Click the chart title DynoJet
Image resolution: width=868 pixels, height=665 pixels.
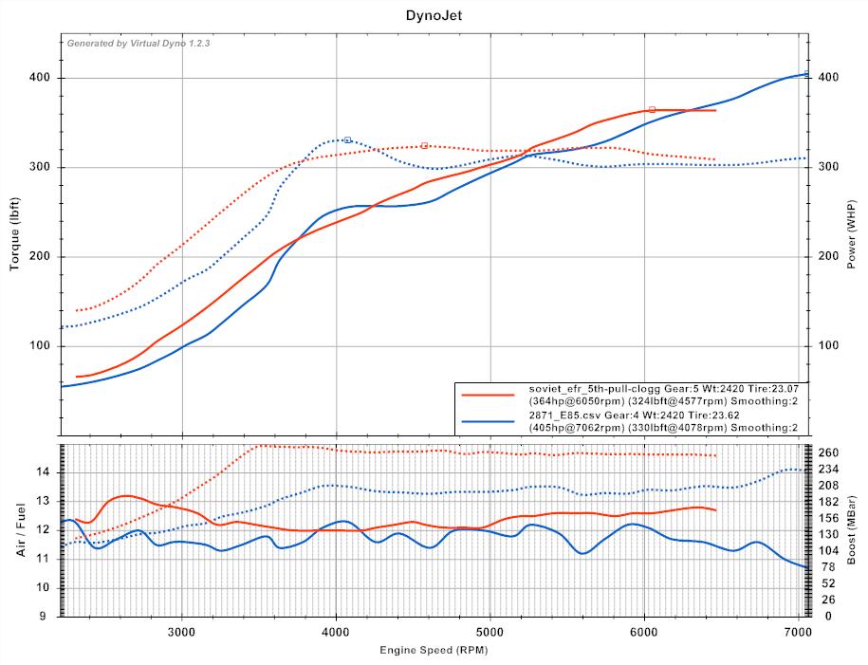tap(433, 15)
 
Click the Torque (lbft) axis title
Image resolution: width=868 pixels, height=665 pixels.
tap(15, 226)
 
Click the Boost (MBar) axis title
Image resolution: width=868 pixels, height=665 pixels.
tap(854, 528)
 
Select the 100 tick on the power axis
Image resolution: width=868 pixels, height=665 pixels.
tap(827, 346)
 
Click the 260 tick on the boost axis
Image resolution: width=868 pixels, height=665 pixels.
tap(828, 452)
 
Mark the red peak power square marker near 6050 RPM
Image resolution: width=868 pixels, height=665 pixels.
tap(652, 110)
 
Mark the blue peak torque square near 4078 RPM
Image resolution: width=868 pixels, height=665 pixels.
tap(347, 140)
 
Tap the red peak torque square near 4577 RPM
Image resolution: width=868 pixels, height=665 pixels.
tap(424, 146)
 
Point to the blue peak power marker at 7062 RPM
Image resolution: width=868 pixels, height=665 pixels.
tap(806, 73)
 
